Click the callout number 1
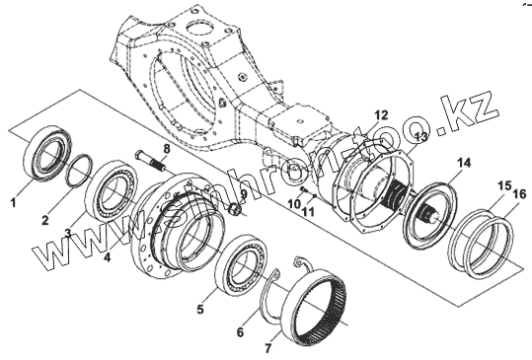[x=13, y=203]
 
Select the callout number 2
[x=45, y=220]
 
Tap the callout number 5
[x=200, y=309]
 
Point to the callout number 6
[x=240, y=331]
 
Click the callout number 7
[x=268, y=348]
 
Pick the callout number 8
[x=166, y=149]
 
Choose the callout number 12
[x=381, y=115]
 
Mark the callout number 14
[x=464, y=163]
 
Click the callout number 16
[x=519, y=194]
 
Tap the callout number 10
[x=294, y=204]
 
